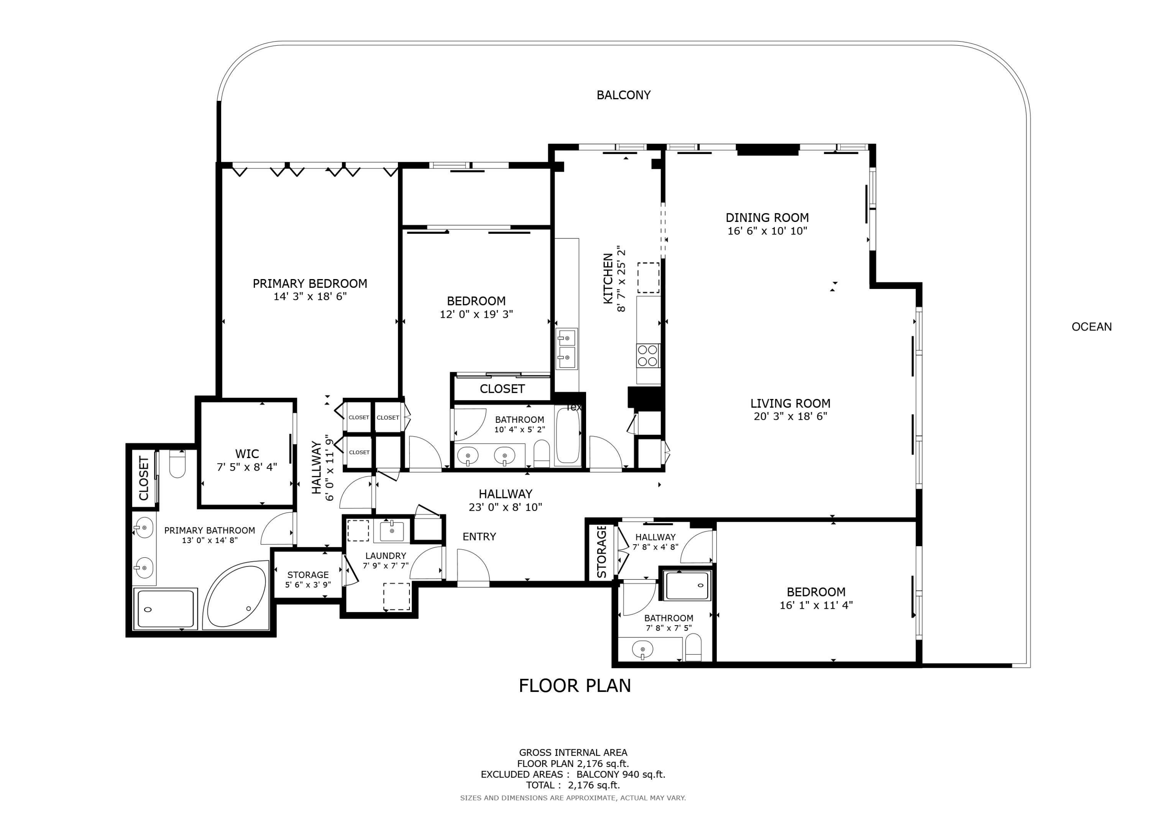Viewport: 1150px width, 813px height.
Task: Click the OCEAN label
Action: pos(1091,327)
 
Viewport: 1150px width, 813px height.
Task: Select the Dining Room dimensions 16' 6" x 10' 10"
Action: pos(767,231)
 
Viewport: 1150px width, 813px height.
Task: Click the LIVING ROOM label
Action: pos(790,403)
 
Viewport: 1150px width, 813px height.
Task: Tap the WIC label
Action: pos(247,454)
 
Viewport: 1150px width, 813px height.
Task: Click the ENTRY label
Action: pos(479,537)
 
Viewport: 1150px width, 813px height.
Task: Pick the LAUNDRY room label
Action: pos(385,555)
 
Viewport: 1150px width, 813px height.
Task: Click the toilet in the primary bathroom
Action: pos(177,463)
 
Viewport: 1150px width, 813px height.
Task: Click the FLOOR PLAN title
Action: pos(575,685)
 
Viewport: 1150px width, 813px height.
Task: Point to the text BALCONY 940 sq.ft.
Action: pos(621,774)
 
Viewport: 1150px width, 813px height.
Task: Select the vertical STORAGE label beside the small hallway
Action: pos(601,552)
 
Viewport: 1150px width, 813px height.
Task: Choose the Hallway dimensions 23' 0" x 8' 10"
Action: pos(505,508)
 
